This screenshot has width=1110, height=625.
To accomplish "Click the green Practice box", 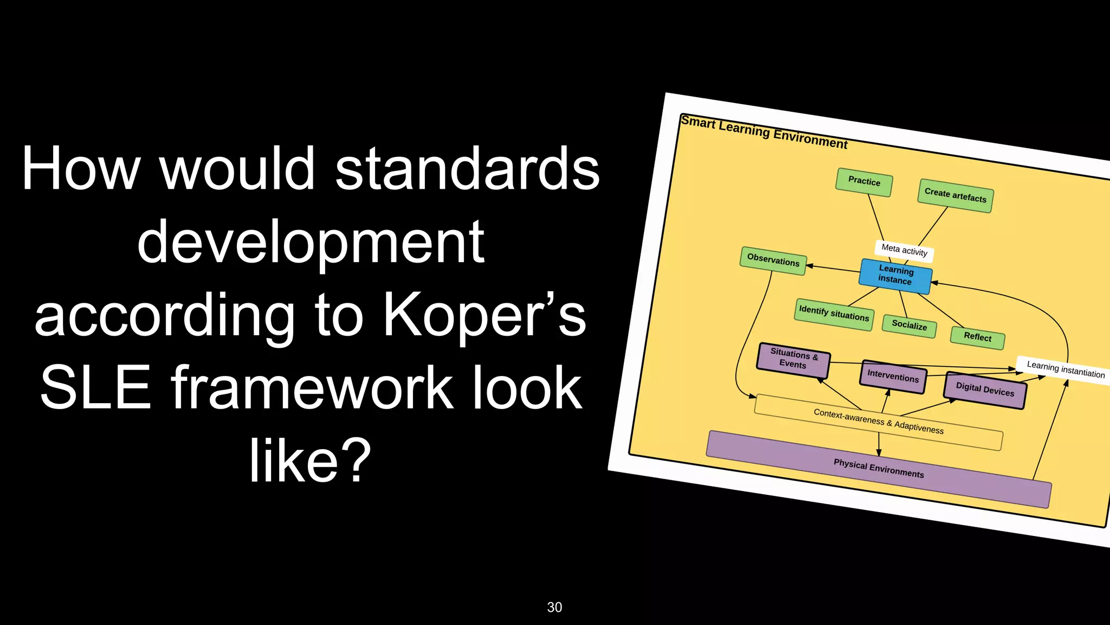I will click(x=864, y=182).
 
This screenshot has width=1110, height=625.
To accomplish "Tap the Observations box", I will click(x=773, y=260).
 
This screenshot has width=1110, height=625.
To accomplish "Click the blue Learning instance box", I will click(x=895, y=275).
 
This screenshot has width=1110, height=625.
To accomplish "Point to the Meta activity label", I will click(x=904, y=250).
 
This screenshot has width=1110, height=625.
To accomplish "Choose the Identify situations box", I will click(x=834, y=314).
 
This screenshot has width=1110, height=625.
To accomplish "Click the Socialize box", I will click(x=909, y=326).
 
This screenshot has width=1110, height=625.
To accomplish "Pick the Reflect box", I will click(x=977, y=337).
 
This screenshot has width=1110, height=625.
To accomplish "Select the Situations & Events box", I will click(x=793, y=359).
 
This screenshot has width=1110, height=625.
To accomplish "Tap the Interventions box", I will click(x=893, y=376).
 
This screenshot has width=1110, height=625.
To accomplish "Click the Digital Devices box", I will click(x=985, y=390).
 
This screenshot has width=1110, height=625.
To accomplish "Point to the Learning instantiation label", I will click(x=1065, y=370).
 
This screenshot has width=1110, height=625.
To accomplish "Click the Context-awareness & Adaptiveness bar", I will click(x=878, y=422).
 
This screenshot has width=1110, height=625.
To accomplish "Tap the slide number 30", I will click(x=554, y=607).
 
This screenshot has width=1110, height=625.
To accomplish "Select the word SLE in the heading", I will click(x=95, y=388).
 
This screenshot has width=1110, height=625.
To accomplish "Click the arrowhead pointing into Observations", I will click(x=810, y=266).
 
